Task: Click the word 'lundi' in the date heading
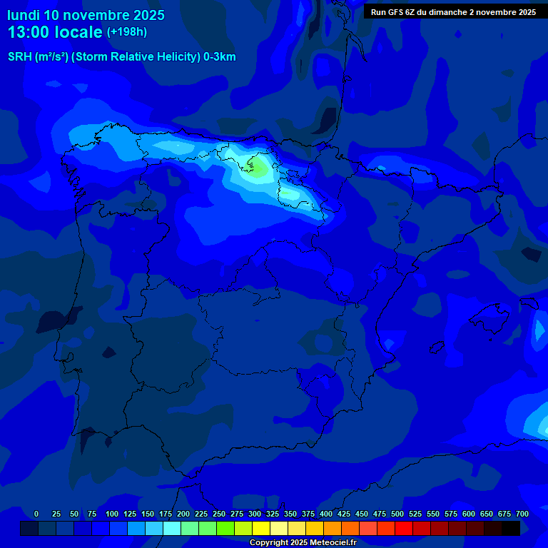[24, 15]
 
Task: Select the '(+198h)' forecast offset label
[127, 32]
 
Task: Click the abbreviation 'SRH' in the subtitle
[19, 57]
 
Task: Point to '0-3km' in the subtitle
[220, 57]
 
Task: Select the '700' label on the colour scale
[522, 514]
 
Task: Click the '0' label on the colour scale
[36, 514]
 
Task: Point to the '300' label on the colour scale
[255, 514]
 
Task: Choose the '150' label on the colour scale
[148, 514]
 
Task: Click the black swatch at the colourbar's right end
[510, 529]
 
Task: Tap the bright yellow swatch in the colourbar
[261, 529]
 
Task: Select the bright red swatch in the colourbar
[403, 529]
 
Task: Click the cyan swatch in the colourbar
[171, 529]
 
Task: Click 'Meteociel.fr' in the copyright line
[332, 543]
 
